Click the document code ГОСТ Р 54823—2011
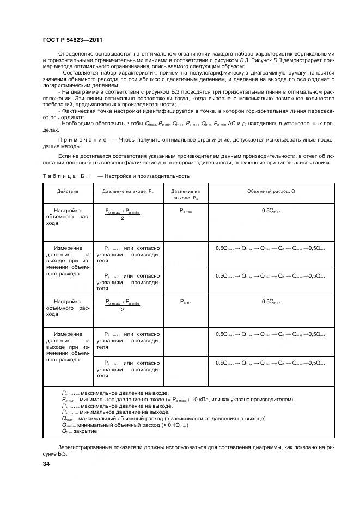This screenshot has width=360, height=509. pyautogui.click(x=72, y=40)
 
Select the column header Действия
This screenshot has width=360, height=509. pyautogui.click(x=68, y=191)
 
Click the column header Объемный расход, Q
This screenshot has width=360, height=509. pyautogui.click(x=271, y=191)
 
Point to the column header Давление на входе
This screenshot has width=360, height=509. pyautogui.click(x=128, y=191)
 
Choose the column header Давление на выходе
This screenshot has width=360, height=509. pyautogui.click(x=185, y=194)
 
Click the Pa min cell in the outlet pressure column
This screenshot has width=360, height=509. pyautogui.click(x=185, y=301)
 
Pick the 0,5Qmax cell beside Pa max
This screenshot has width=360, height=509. pyautogui.click(x=271, y=210)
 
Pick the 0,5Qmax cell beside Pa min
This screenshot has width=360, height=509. pyautogui.click(x=271, y=301)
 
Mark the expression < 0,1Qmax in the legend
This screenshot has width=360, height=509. pyautogui.click(x=173, y=425)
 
